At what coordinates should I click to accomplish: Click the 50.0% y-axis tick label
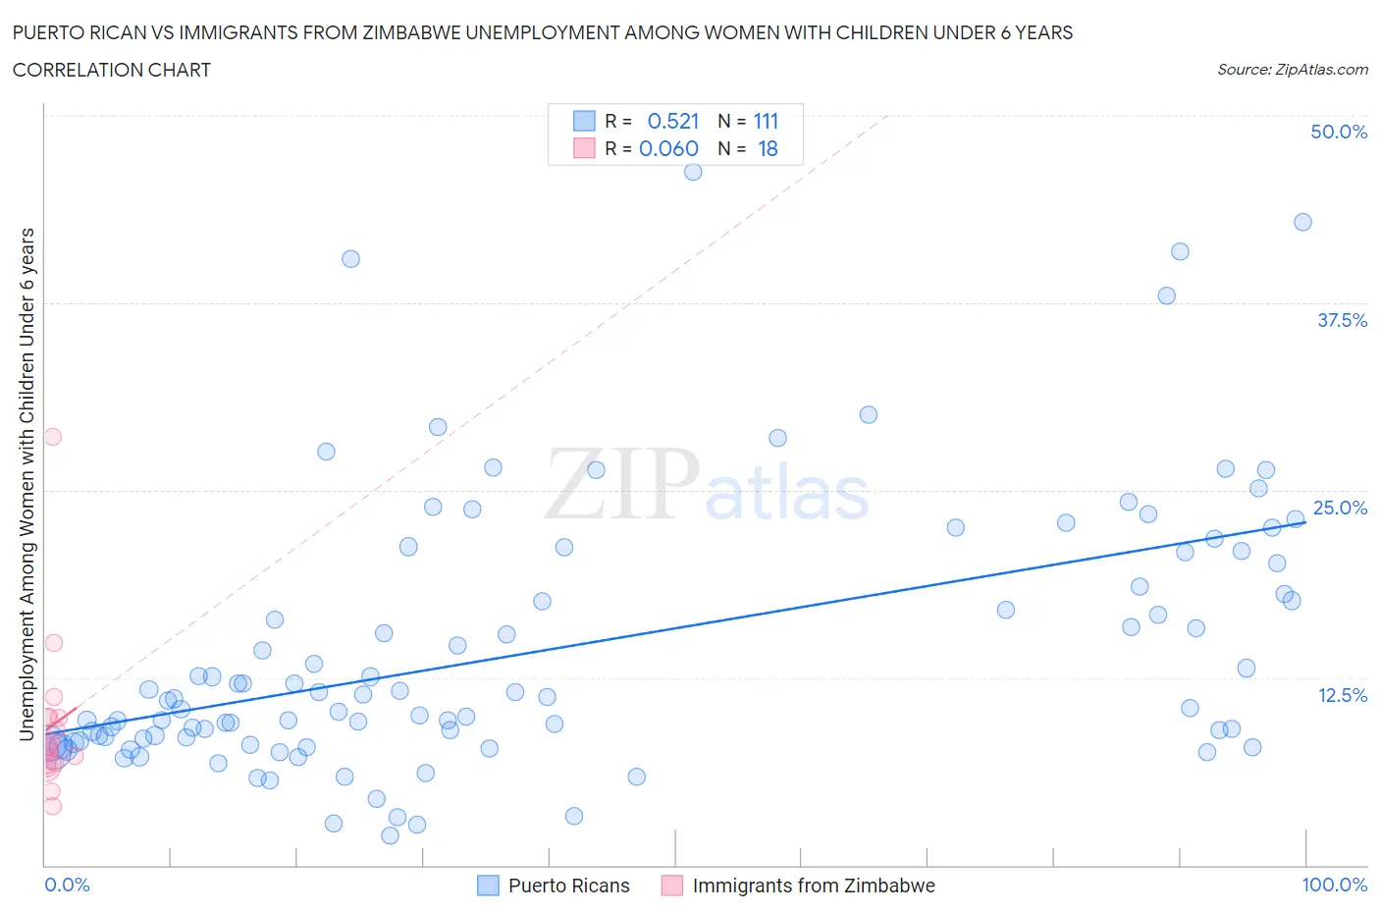(x=1339, y=132)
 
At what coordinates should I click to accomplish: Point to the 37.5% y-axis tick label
(x=1342, y=320)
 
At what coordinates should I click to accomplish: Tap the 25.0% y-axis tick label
(x=1340, y=508)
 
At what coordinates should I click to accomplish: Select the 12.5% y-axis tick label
(x=1342, y=695)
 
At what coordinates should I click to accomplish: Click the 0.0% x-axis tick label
(x=67, y=885)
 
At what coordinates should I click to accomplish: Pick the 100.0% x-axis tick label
(x=1334, y=885)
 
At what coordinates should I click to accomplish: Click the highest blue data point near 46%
(x=693, y=172)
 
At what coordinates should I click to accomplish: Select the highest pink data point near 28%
(x=53, y=437)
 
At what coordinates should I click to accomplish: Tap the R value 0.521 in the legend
(x=673, y=121)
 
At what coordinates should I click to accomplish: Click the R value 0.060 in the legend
(x=668, y=148)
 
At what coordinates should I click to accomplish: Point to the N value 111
(x=766, y=121)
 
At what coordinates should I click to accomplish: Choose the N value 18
(x=768, y=148)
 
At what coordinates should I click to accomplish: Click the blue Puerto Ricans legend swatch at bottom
(x=488, y=886)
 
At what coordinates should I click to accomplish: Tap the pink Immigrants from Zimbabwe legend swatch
(x=672, y=886)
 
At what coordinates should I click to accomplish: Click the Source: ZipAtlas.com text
(x=1292, y=69)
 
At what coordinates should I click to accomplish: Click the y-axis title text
(x=27, y=484)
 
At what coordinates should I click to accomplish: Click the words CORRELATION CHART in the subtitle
(x=112, y=70)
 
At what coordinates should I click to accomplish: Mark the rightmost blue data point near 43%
(x=1302, y=222)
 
